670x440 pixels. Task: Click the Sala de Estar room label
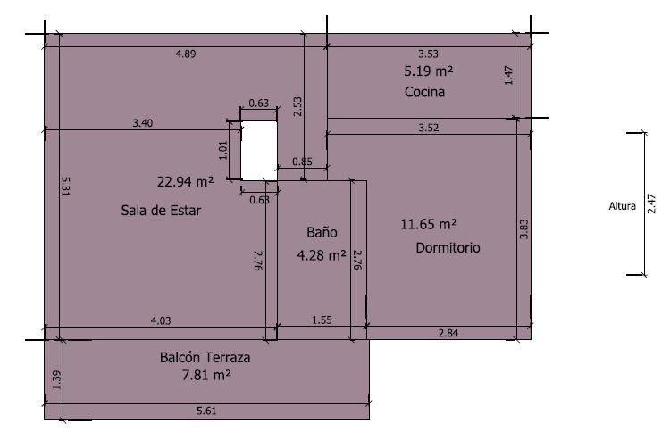click(x=161, y=211)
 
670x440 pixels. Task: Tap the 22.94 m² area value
click(x=185, y=182)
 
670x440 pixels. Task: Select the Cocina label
click(x=424, y=92)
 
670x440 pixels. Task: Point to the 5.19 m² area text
click(x=429, y=71)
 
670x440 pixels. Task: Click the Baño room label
click(x=322, y=232)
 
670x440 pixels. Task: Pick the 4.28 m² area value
click(x=322, y=255)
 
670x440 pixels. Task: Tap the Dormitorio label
click(x=448, y=247)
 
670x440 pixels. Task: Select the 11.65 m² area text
click(x=429, y=224)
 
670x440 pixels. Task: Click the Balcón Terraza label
click(x=205, y=357)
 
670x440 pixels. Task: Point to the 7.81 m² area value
click(x=206, y=375)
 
